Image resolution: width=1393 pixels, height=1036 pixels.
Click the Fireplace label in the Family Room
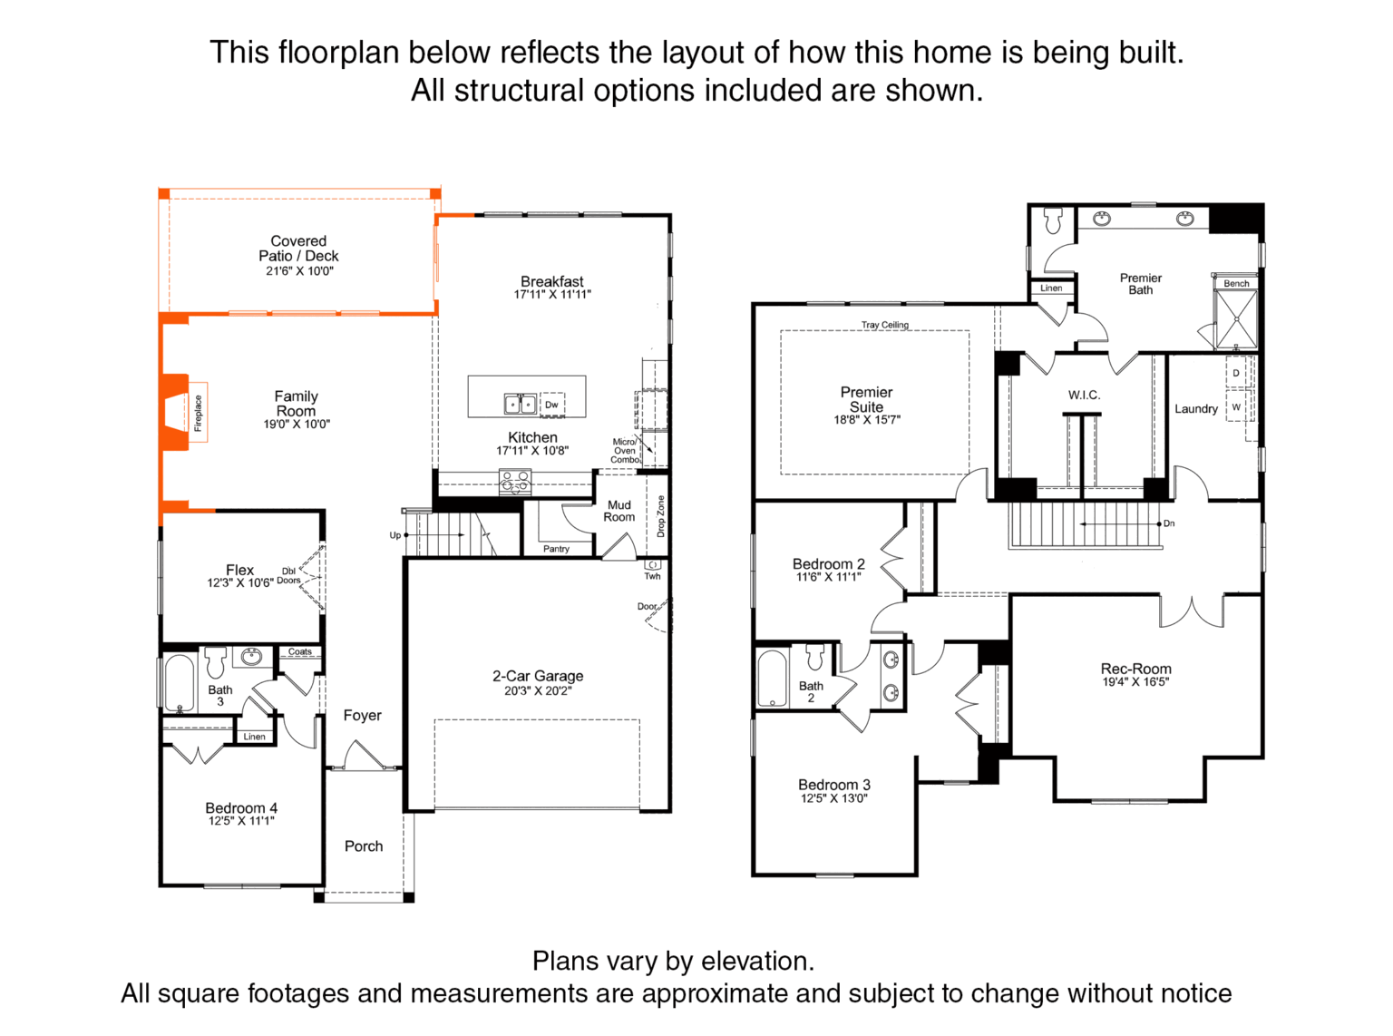pyautogui.click(x=198, y=413)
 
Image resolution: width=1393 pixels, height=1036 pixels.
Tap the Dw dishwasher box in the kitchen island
pyautogui.click(x=551, y=405)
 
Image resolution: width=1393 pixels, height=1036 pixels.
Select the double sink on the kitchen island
pyautogui.click(x=521, y=404)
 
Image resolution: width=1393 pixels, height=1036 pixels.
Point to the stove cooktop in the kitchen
pyautogui.click(x=515, y=482)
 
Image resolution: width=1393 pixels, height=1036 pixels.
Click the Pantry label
pyautogui.click(x=556, y=549)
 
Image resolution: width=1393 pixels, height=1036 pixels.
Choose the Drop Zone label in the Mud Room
pyautogui.click(x=660, y=516)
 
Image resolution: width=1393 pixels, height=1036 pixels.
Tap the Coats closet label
pyautogui.click(x=299, y=651)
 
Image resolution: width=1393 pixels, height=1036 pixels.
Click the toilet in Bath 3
pyautogui.click(x=216, y=661)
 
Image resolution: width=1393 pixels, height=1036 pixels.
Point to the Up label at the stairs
pyautogui.click(x=395, y=535)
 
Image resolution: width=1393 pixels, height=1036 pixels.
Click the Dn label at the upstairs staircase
pyautogui.click(x=1168, y=523)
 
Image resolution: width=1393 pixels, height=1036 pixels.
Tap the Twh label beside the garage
pyautogui.click(x=652, y=575)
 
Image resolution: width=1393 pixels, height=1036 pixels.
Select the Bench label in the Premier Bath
pyautogui.click(x=1236, y=283)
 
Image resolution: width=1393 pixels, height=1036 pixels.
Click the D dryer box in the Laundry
pyautogui.click(x=1236, y=373)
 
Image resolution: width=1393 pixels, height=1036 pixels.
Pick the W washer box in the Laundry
pyautogui.click(x=1236, y=406)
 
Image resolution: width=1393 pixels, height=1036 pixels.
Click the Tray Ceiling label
pyautogui.click(x=884, y=324)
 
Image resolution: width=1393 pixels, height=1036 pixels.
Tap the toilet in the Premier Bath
pyautogui.click(x=1053, y=220)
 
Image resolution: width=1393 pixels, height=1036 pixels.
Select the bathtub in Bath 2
pyautogui.click(x=773, y=678)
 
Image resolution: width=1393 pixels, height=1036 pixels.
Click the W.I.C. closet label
pyautogui.click(x=1084, y=395)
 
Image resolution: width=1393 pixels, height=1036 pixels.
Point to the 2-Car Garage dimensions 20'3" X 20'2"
pyautogui.click(x=538, y=691)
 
